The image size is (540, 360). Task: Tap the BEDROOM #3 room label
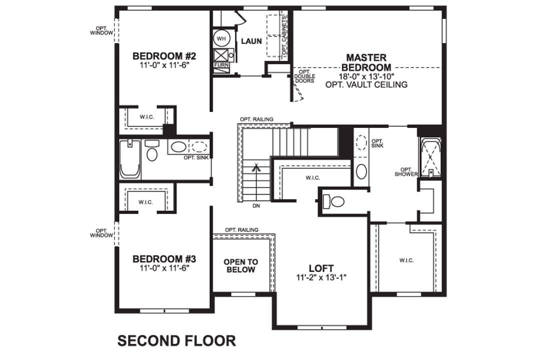click(x=163, y=259)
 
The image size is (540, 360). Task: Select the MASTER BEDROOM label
click(x=366, y=62)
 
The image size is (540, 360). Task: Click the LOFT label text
click(x=321, y=268)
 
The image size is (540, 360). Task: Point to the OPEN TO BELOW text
click(x=241, y=265)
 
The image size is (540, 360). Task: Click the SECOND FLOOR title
click(x=176, y=340)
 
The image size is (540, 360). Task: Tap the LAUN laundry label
click(x=251, y=41)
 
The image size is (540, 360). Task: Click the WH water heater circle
click(x=221, y=38)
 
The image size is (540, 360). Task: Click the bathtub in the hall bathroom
click(x=129, y=159)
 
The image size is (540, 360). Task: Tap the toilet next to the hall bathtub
click(x=152, y=151)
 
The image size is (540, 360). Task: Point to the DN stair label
click(x=256, y=205)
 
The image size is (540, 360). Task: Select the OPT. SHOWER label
click(x=405, y=171)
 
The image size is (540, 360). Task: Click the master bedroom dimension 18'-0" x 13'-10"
click(x=366, y=76)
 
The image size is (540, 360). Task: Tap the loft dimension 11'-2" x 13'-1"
click(x=321, y=277)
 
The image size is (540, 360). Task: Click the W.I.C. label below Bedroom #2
click(x=146, y=116)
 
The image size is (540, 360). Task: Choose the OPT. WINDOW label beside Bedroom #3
click(x=101, y=233)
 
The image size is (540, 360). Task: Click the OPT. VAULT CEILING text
click(x=366, y=84)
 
